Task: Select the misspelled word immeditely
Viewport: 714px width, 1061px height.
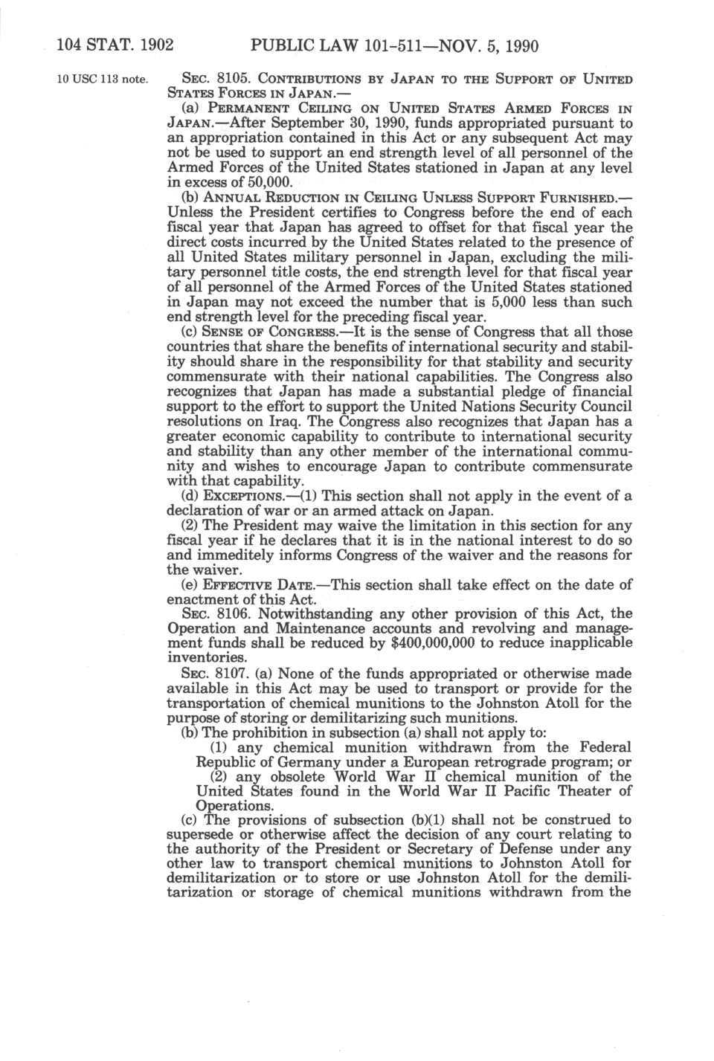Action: (247, 555)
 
